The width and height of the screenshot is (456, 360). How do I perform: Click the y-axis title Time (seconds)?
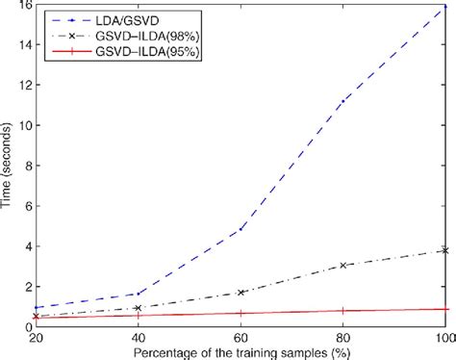tap(8, 166)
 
